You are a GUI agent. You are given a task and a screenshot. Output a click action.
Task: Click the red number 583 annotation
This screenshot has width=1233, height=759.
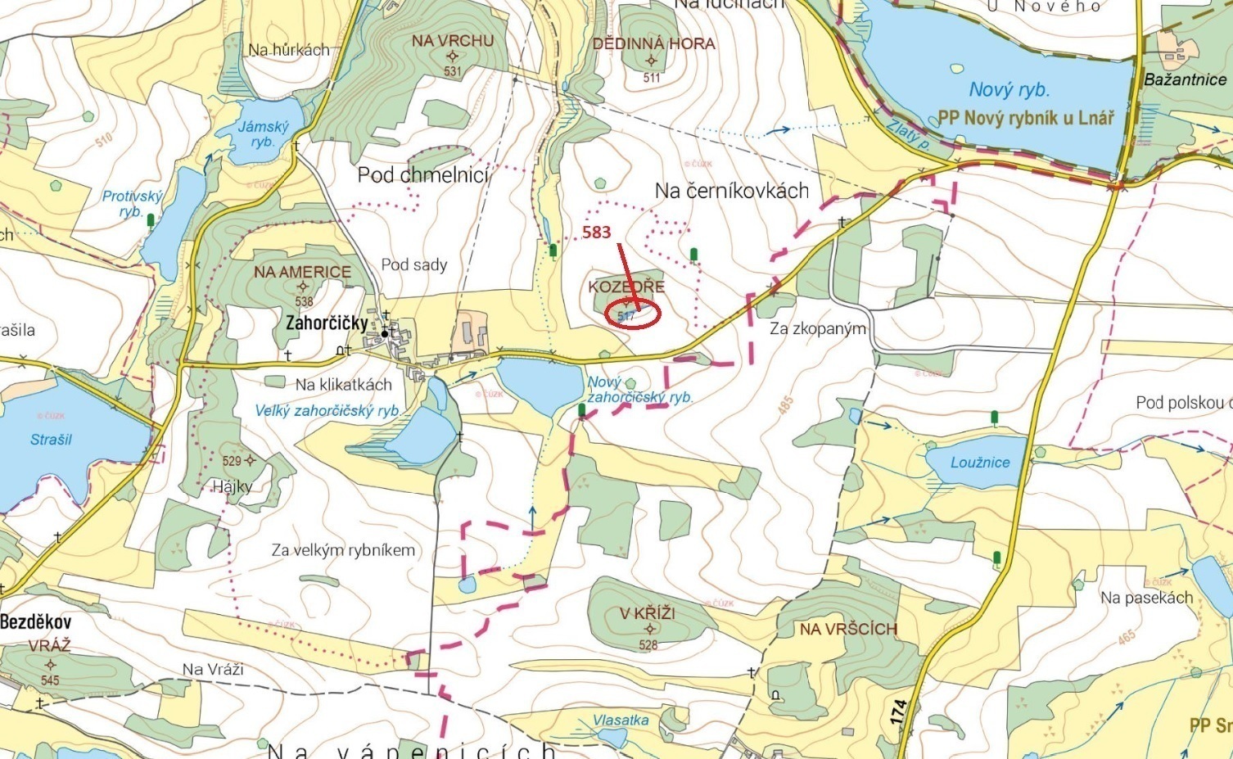pyautogui.click(x=597, y=233)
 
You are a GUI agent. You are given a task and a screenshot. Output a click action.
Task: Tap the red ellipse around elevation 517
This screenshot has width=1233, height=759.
pyautogui.click(x=634, y=314)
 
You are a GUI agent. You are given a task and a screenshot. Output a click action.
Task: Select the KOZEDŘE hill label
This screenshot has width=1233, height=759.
pyautogui.click(x=626, y=287)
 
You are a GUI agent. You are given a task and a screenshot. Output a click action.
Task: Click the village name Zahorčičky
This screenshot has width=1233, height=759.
pyautogui.click(x=327, y=323)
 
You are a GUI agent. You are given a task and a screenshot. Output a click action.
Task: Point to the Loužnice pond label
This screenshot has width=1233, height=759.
pyautogui.click(x=980, y=463)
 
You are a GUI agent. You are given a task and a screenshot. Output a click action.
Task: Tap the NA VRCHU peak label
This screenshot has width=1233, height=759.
pyautogui.click(x=453, y=40)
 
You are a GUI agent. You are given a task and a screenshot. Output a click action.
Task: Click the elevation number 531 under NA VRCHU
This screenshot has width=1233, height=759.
pyautogui.click(x=453, y=71)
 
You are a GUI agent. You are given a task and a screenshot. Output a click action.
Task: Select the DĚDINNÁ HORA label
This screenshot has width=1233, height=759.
pyautogui.click(x=653, y=43)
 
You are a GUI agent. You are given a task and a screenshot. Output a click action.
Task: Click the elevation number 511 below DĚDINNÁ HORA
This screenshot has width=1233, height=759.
pyautogui.click(x=652, y=78)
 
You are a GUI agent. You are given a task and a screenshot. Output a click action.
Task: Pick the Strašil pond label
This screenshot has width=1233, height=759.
pyautogui.click(x=51, y=440)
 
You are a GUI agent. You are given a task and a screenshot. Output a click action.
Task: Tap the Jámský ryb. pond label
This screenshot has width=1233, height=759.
pyautogui.click(x=263, y=134)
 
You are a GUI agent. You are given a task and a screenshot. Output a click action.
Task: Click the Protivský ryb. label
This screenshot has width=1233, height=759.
pyautogui.click(x=132, y=203)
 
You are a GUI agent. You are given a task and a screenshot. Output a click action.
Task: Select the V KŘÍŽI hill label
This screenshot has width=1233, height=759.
pyautogui.click(x=647, y=613)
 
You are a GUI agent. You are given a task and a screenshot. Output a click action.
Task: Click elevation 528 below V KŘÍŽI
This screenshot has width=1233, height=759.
pyautogui.click(x=648, y=645)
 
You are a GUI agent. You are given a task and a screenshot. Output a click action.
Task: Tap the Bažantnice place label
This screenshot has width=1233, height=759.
pyautogui.click(x=1185, y=79)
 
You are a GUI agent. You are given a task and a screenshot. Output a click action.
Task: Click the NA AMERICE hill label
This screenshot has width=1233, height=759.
pyautogui.click(x=302, y=272)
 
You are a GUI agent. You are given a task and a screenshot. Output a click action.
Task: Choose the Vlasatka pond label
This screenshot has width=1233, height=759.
pyautogui.click(x=621, y=721)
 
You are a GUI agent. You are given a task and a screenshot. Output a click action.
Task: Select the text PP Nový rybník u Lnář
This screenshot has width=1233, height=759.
pyautogui.click(x=1026, y=118)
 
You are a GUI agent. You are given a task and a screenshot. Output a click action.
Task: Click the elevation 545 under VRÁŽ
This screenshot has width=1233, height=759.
pyautogui.click(x=50, y=680)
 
